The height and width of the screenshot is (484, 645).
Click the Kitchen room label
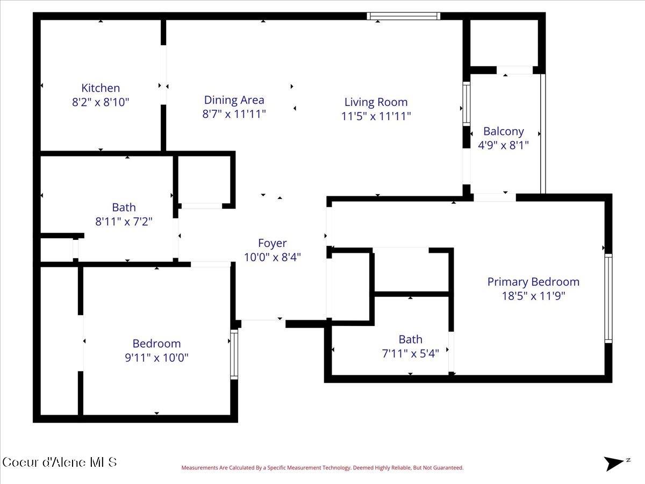(x=101, y=88)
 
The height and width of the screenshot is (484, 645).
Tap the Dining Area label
(x=234, y=100)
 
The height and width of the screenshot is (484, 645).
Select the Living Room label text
(x=376, y=102)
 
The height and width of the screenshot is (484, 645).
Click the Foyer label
(x=272, y=244)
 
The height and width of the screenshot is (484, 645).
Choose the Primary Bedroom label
(x=533, y=282)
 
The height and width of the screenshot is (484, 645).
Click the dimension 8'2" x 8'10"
(x=101, y=102)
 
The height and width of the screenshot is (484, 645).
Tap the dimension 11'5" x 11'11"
(x=376, y=115)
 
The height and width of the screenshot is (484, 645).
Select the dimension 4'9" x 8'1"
(x=503, y=145)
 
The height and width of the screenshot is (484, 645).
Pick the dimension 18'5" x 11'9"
(x=533, y=295)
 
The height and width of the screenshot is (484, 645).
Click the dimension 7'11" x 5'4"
(x=410, y=353)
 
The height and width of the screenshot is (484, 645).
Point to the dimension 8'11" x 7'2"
(x=124, y=221)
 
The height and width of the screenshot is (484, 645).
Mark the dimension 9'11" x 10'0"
(x=156, y=357)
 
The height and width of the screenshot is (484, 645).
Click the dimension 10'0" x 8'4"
(x=272, y=257)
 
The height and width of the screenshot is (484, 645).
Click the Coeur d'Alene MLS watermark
(x=60, y=462)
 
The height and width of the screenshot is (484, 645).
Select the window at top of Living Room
(x=404, y=16)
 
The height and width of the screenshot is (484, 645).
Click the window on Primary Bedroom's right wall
(x=608, y=298)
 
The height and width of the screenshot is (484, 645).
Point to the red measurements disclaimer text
(x=322, y=468)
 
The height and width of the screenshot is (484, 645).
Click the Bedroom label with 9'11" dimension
(x=156, y=344)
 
